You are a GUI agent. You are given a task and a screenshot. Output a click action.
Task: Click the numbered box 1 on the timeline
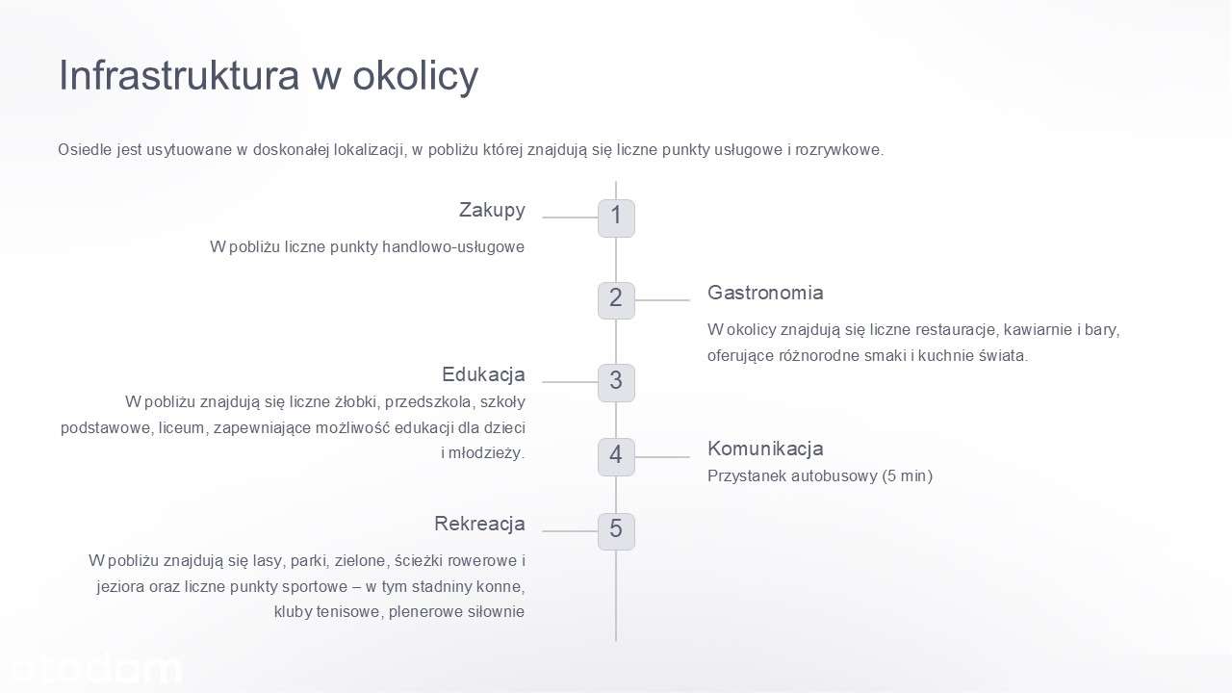coord(616,218)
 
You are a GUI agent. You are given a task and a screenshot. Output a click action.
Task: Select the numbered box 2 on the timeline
coord(616,300)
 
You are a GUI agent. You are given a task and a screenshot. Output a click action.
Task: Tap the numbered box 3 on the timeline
coord(616,382)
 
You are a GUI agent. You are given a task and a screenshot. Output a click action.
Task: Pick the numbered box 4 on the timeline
coord(616,457)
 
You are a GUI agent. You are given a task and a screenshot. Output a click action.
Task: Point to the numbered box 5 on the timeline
coord(616,531)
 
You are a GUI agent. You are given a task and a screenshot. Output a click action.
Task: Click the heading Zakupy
coord(492,211)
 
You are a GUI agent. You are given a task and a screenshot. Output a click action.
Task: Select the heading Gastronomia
coord(765,293)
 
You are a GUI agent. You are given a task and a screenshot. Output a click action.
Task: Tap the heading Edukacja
coord(483,374)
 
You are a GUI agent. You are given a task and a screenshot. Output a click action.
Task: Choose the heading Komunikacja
coord(765,449)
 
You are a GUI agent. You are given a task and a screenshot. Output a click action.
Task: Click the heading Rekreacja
coord(479,524)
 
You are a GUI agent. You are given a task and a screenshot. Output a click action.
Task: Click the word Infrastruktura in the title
coord(179,75)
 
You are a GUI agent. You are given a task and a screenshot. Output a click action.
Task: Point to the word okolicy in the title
coord(415,76)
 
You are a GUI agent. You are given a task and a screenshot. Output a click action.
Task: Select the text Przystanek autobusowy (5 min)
coord(819,476)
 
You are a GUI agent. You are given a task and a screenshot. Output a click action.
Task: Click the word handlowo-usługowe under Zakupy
coord(453,247)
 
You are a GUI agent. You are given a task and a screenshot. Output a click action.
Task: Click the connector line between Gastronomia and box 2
coord(662,300)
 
